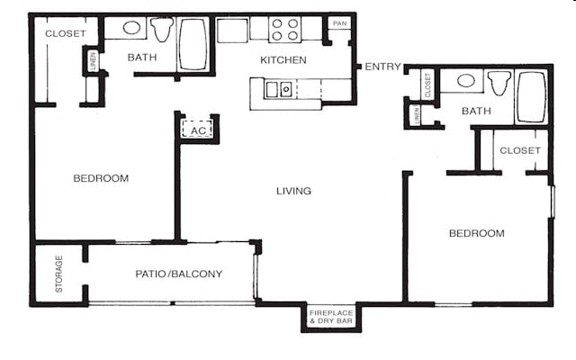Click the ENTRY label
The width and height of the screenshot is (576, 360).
(383, 67)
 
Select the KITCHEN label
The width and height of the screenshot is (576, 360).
(283, 60)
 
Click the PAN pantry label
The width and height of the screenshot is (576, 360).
(339, 23)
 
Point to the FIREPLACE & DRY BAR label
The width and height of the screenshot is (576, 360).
(330, 317)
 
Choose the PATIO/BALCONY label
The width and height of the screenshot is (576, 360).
(179, 274)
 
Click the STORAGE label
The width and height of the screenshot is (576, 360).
(59, 274)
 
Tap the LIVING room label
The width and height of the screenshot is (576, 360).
(294, 191)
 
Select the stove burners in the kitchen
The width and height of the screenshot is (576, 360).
(284, 30)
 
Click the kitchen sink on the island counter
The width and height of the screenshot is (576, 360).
(278, 88)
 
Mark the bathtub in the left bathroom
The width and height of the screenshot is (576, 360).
(193, 43)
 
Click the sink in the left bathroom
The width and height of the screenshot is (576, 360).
(131, 28)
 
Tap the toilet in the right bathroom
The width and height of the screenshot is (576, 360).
(499, 85)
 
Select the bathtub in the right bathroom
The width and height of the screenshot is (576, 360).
(531, 97)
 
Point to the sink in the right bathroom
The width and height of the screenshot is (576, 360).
(466, 81)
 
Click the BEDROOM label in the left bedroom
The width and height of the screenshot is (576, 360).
(101, 178)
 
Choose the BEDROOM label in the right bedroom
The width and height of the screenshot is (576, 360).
(477, 233)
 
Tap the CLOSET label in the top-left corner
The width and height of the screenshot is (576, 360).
(66, 33)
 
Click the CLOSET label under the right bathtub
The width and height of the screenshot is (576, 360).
(520, 150)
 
